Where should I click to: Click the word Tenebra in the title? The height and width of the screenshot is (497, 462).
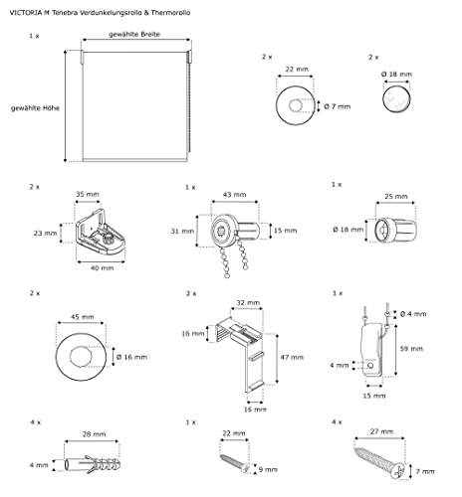65,13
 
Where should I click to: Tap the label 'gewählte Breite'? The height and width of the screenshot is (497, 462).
134,34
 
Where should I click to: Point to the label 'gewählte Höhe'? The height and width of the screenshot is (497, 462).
35,108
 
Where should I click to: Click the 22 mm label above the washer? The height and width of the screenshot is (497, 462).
297,70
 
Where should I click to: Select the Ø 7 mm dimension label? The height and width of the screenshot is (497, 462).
338,106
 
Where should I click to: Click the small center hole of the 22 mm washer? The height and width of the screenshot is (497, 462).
296,106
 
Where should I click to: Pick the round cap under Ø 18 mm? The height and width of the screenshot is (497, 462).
396,99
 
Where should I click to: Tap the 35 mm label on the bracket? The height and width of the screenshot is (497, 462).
88,194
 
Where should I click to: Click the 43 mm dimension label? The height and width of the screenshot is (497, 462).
235,195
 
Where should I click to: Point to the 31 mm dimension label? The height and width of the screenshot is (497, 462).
182,231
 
